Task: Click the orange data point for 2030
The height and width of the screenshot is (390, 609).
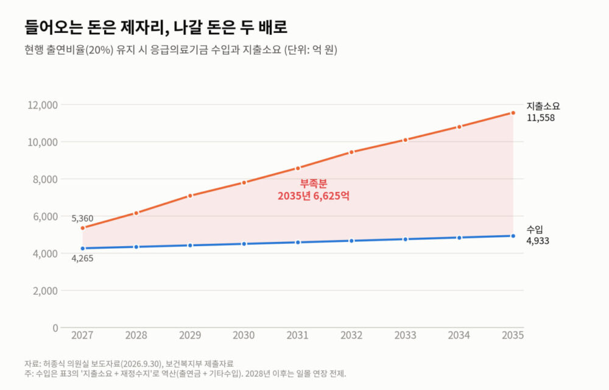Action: pyautogui.click(x=244, y=183)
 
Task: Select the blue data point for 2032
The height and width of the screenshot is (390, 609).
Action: pyautogui.click(x=351, y=241)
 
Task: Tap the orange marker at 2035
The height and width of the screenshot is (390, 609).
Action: pyautogui.click(x=513, y=113)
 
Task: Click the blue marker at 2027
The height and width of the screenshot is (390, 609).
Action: pyautogui.click(x=82, y=248)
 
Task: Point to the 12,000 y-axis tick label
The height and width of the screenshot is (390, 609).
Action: pyautogui.click(x=43, y=105)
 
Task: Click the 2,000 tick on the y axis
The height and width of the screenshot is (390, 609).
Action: pyautogui.click(x=45, y=291)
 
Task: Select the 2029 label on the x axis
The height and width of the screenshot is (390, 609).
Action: pyautogui.click(x=190, y=335)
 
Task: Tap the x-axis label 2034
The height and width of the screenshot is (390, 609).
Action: pyautogui.click(x=459, y=335)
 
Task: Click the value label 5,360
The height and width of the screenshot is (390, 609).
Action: pyautogui.click(x=82, y=218)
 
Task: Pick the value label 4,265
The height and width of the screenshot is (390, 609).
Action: pyautogui.click(x=82, y=258)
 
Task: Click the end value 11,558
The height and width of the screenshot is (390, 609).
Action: pyautogui.click(x=541, y=118)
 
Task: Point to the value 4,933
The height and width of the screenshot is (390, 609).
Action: pyautogui.click(x=538, y=241)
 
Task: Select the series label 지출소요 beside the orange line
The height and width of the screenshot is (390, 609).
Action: pyautogui.click(x=543, y=106)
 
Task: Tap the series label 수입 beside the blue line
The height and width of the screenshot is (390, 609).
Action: pyautogui.click(x=535, y=230)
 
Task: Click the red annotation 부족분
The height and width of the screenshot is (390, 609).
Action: pyautogui.click(x=314, y=183)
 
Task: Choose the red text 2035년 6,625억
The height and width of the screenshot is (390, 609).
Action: pyautogui.click(x=314, y=196)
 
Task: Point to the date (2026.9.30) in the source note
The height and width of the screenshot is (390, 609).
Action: pyautogui.click(x=141, y=364)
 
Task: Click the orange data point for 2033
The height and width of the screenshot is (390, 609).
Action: pyautogui.click(x=406, y=140)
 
